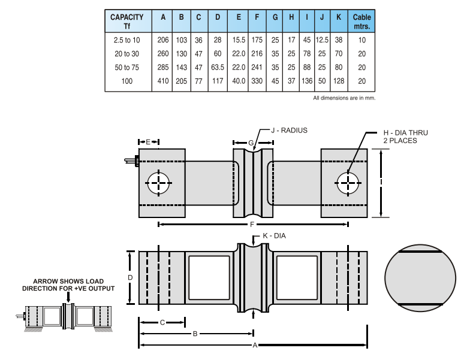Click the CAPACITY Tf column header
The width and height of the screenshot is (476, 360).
click(127, 22)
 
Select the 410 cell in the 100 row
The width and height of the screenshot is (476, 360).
click(163, 81)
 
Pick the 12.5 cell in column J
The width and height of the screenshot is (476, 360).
click(322, 40)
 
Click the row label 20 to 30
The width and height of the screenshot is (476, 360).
click(127, 54)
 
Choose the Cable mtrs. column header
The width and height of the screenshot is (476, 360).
click(361, 22)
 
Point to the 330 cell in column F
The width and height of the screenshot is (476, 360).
click(257, 81)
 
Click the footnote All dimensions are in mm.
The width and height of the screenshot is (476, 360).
click(344, 98)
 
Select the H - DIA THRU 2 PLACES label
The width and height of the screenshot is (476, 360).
click(406, 136)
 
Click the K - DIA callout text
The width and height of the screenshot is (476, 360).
click(274, 235)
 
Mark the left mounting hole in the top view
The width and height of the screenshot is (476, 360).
click(158, 183)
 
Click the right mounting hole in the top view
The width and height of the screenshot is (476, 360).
click(348, 183)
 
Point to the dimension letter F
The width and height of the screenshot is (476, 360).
click(252, 224)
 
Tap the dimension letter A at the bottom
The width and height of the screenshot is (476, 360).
click(254, 345)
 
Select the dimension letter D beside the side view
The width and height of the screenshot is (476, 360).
click(129, 277)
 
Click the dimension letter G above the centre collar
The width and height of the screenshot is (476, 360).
click(252, 142)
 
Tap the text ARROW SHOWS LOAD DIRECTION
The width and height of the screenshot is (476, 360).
click(68, 285)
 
